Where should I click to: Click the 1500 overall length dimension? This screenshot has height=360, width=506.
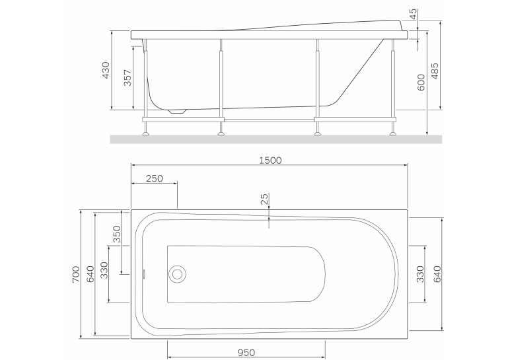pyautogui.click(x=270, y=161)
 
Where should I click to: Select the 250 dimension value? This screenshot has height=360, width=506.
pyautogui.click(x=155, y=178)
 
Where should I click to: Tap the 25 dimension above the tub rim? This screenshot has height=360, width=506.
pyautogui.click(x=264, y=199)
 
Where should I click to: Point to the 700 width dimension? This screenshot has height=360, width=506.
pyautogui.click(x=75, y=275)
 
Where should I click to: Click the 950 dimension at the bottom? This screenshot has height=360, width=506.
pyautogui.click(x=246, y=353)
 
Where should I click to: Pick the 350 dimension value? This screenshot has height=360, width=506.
pyautogui.click(x=116, y=234)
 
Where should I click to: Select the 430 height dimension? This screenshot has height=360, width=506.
pyautogui.click(x=106, y=70)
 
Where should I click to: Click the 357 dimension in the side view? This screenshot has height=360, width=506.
pyautogui.click(x=127, y=78)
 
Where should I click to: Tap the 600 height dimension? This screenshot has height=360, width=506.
pyautogui.click(x=421, y=83)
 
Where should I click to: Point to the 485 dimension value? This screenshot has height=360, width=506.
pyautogui.click(x=435, y=71)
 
